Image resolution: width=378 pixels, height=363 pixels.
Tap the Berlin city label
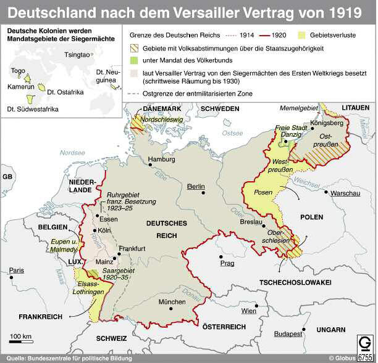(x=196, y=186)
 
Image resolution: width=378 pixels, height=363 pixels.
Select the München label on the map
(x=172, y=302)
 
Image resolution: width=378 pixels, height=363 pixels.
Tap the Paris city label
(x=16, y=270)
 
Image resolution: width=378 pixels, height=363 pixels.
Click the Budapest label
(x=288, y=333)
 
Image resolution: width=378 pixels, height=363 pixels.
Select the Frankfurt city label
(x=132, y=248)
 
